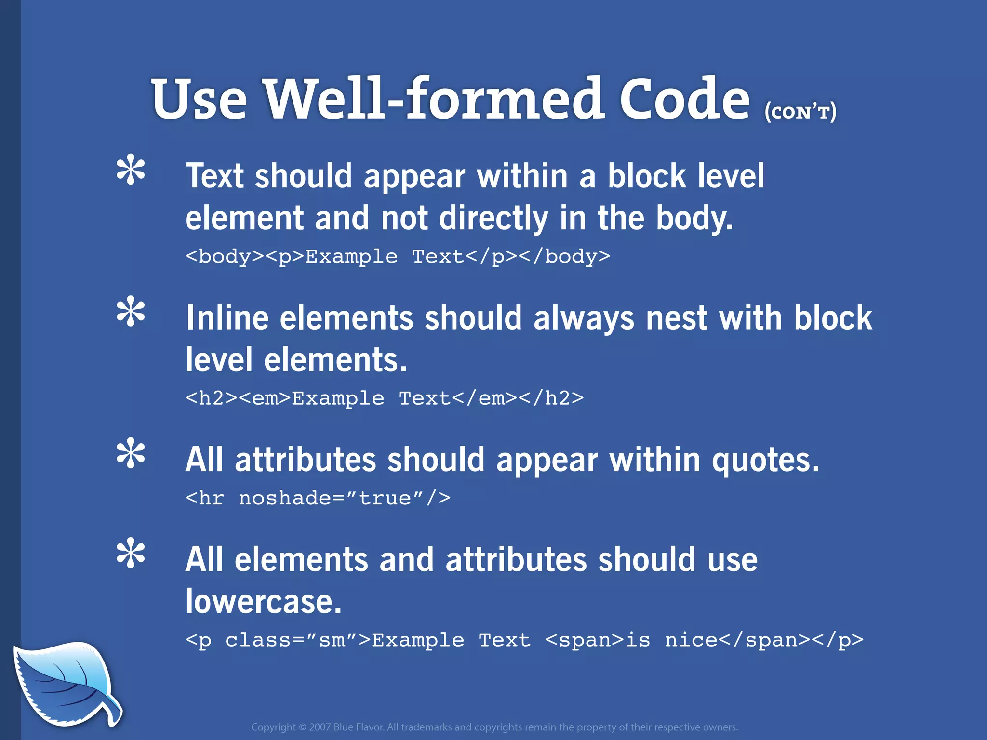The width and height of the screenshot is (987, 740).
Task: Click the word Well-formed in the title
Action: tap(434, 100)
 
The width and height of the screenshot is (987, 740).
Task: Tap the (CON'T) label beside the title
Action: tap(800, 112)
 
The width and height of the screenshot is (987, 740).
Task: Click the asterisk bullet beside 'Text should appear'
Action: tap(131, 170)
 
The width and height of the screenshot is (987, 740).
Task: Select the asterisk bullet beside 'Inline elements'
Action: tap(131, 312)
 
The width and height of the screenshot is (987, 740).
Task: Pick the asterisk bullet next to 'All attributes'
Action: tap(131, 454)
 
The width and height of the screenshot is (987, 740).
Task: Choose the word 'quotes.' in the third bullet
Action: tap(765, 460)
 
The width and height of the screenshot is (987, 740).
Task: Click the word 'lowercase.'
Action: tap(264, 602)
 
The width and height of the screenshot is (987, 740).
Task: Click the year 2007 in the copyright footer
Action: tap(320, 727)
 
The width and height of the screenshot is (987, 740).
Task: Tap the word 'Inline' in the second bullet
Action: tap(227, 318)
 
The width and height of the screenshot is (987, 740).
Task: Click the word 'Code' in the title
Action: tap(684, 100)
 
